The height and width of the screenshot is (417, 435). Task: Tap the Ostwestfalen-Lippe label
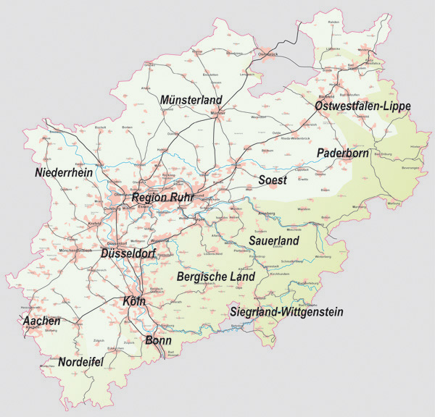click(362, 106)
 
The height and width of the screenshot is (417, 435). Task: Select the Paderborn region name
click(343, 153)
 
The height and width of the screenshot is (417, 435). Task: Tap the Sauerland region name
click(274, 239)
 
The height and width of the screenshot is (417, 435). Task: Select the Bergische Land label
click(216, 277)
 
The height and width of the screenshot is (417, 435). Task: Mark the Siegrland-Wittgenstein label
click(286, 312)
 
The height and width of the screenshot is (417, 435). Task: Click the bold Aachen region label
click(41, 320)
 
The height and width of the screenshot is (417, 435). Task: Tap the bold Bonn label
click(158, 340)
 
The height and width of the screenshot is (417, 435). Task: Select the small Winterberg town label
click(322, 256)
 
